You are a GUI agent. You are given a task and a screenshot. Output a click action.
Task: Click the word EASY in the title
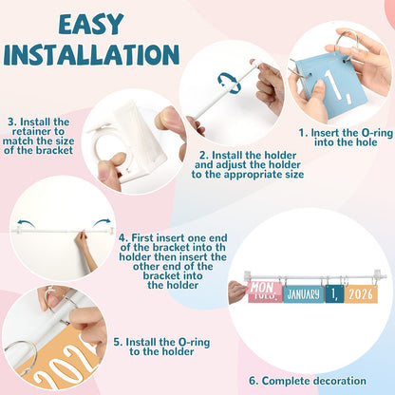91,24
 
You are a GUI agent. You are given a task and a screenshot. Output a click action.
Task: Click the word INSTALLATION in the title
91,55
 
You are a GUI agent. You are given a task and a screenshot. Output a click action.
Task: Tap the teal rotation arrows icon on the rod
230,84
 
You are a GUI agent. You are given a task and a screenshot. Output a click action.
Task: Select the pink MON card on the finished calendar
261,292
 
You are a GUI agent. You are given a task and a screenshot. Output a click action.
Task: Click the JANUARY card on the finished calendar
303,294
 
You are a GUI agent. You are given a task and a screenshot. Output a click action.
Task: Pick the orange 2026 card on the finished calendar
361,294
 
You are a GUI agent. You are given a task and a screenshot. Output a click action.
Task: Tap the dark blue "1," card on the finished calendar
334,294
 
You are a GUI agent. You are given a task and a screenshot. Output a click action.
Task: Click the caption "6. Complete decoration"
308,381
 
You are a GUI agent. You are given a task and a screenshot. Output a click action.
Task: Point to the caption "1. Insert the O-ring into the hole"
346,138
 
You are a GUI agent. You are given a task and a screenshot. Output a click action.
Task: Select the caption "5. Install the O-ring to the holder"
161,347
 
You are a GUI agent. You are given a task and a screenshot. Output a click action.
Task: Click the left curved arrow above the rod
26,223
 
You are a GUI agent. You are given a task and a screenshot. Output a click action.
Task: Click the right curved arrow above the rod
102,222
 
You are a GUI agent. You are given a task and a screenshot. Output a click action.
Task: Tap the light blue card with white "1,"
329,85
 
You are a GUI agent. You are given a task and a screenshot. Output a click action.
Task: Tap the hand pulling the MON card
237,292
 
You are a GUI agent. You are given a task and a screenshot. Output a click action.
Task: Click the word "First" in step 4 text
142,237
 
